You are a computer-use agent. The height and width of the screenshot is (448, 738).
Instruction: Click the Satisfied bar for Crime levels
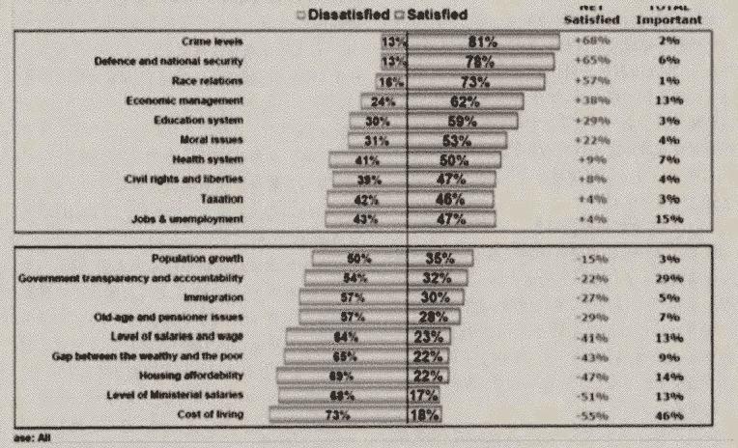tap(483, 42)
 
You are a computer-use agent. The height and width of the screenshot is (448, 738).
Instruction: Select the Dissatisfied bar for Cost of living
tap(338, 414)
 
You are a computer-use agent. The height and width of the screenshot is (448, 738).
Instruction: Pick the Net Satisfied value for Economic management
tap(589, 100)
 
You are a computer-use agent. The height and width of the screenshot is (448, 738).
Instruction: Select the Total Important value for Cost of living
tap(671, 414)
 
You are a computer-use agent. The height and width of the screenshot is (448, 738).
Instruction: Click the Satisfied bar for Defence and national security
tap(480, 62)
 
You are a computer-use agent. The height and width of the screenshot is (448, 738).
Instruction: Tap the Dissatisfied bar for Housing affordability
tap(341, 375)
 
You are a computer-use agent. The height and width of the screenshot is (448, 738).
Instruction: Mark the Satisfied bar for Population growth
tap(440, 258)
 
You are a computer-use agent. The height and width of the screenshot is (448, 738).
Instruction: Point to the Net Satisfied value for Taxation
tap(589, 199)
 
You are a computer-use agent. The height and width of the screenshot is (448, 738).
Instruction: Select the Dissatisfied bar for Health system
tap(367, 159)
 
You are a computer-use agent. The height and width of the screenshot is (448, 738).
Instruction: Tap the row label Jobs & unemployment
tap(187, 218)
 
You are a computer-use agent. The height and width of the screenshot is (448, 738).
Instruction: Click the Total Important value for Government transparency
tap(671, 277)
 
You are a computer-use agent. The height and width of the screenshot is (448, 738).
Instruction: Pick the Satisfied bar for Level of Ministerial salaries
tap(422, 395)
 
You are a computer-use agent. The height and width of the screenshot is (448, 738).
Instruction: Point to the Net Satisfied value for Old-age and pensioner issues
tap(589, 317)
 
